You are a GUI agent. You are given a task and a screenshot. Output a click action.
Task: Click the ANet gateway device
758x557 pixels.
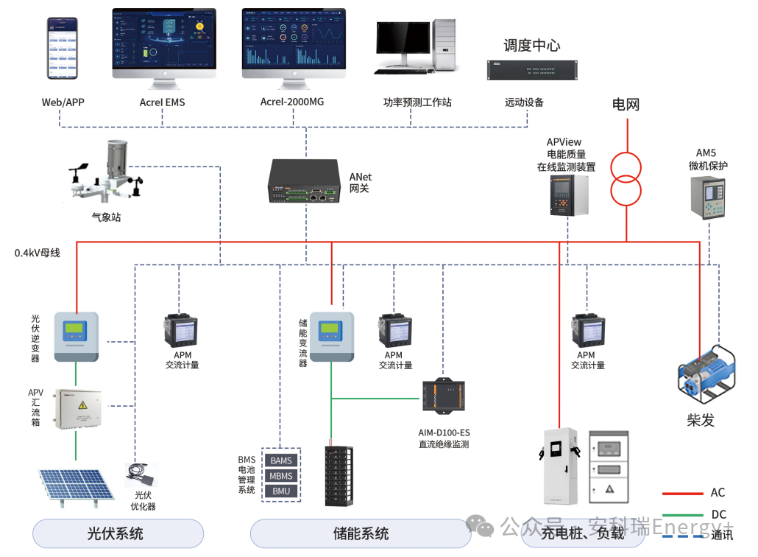[x=302, y=181]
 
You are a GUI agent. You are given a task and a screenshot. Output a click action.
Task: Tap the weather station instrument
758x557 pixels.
[x=110, y=174]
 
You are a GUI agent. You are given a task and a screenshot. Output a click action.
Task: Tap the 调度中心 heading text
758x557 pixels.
[x=531, y=46]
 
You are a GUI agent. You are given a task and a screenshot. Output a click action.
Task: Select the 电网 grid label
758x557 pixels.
[x=626, y=105]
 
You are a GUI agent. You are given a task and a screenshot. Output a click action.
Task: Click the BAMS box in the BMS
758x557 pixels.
[x=281, y=460]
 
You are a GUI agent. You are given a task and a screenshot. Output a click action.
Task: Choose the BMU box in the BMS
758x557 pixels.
[x=281, y=491]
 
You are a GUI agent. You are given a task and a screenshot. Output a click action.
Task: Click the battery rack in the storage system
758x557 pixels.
[x=341, y=475]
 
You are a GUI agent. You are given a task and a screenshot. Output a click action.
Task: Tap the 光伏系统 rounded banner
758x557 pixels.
[x=118, y=533]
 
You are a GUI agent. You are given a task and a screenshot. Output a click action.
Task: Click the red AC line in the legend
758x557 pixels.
[x=682, y=494]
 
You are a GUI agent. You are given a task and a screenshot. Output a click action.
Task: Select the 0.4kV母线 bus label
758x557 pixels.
[x=37, y=253]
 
